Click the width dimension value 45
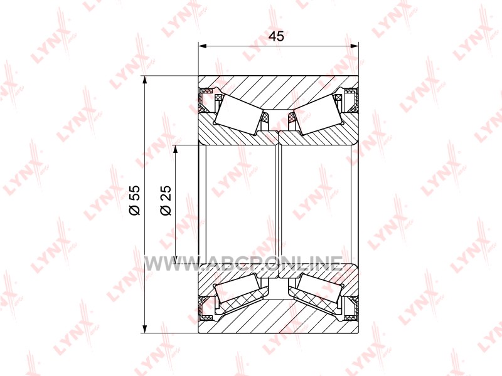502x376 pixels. [276, 36]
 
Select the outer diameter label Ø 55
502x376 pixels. [135, 200]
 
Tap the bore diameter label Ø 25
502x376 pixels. [166, 200]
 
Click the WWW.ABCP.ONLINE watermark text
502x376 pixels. [243, 264]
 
